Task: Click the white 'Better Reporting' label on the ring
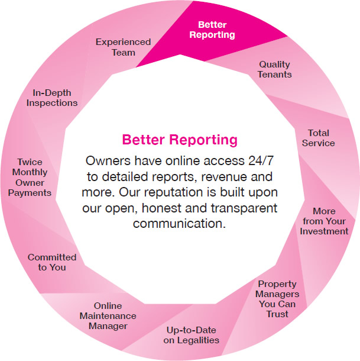[212, 30]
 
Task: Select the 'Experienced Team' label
[124, 47]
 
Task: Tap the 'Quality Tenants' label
[274, 69]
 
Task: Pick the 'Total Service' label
[319, 138]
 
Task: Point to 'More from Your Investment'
[324, 221]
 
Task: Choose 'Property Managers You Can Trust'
[277, 299]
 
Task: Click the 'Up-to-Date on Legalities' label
[191, 335]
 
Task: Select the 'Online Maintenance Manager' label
[108, 315]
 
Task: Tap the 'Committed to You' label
[52, 262]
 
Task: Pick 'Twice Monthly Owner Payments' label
[30, 178]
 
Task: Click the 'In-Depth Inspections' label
[52, 98]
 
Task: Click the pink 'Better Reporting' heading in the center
[180, 140]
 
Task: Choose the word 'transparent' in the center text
[244, 208]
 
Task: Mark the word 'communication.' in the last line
[180, 223]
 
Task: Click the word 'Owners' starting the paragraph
[108, 160]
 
